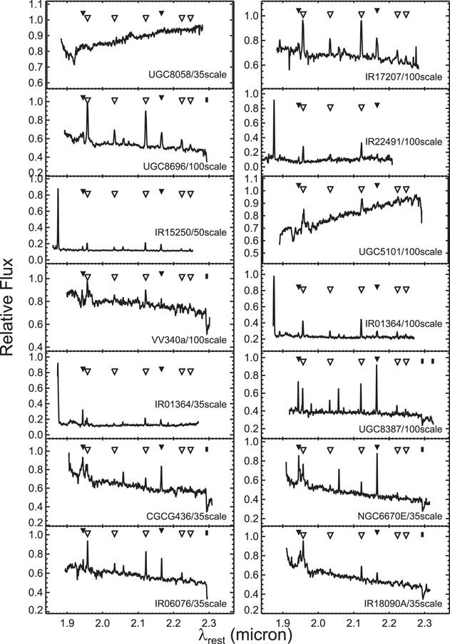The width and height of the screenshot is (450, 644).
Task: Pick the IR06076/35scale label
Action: (x=192, y=603)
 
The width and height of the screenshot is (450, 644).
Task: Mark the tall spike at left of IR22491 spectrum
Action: (x=275, y=101)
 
